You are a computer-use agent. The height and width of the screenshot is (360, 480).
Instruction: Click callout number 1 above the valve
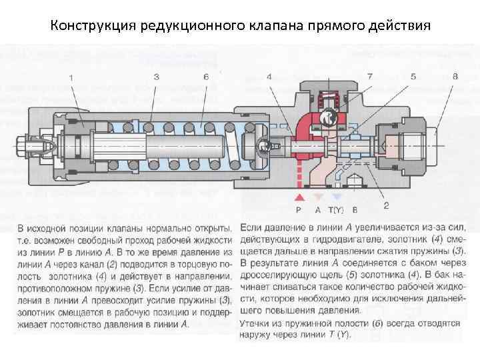pos(71,78)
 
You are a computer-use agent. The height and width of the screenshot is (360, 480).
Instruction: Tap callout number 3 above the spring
pos(156,77)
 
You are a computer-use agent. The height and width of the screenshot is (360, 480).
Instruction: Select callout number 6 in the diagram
pos(206,77)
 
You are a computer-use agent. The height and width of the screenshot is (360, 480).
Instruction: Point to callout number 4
pos(269,77)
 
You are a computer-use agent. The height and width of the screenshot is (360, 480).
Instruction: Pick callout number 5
pos(413,77)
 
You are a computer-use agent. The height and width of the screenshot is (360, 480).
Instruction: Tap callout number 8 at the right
pos(455,77)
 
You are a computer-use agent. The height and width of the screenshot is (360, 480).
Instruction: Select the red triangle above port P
pos(299,197)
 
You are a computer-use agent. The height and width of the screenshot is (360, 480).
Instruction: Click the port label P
pos(299,209)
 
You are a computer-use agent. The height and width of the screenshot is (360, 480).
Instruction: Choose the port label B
pos(355,209)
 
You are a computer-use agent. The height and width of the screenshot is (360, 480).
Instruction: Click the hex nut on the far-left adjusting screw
pos(23,143)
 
